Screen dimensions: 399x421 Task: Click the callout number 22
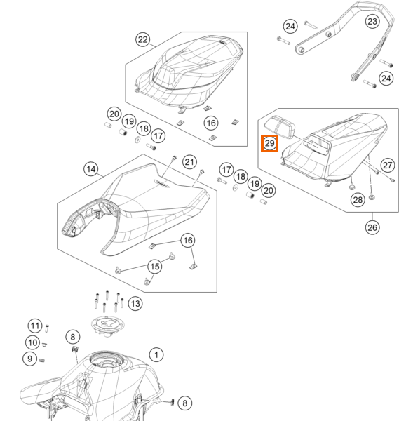coord(143,39)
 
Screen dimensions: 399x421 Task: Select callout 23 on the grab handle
coord(372,21)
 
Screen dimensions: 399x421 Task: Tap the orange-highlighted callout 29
coord(270,143)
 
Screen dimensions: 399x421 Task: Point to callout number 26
coord(372,227)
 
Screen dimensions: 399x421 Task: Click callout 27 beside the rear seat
coord(388,165)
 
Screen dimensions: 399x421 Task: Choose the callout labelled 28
coord(358,200)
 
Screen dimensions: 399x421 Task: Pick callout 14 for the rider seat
coord(91,169)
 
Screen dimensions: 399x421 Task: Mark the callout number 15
coord(155,267)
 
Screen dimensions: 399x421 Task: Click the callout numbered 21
coord(189,162)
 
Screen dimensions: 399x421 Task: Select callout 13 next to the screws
coord(135,304)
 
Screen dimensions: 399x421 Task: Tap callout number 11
coord(35,326)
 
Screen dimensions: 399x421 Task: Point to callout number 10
coord(32,342)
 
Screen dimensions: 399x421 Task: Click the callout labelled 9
coord(29,359)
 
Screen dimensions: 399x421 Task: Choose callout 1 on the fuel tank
coord(156,355)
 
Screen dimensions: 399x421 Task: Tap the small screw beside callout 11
coord(47,328)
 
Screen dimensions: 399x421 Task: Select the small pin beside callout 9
coord(41,361)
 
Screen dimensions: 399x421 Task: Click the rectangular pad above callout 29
coord(280,127)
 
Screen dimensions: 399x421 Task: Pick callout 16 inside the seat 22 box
coord(211,123)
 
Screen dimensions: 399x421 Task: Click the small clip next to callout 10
coord(45,344)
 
